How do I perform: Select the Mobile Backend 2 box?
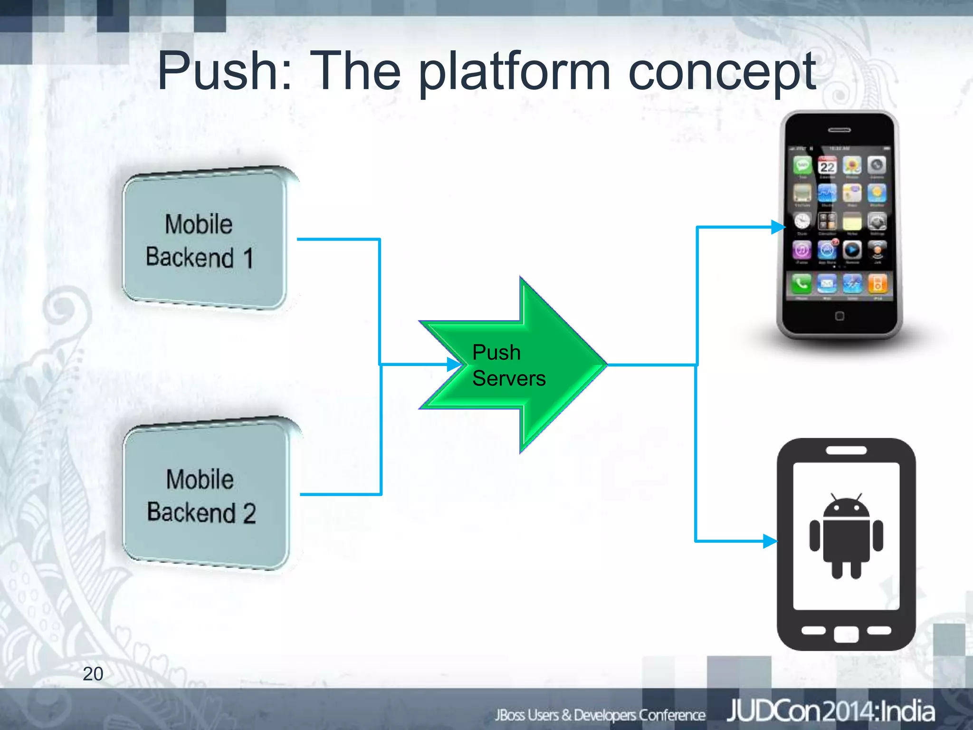pos(205,494)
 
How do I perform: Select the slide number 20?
pos(93,673)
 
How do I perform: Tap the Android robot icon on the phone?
pos(846,536)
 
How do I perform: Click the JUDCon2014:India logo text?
pos(830,711)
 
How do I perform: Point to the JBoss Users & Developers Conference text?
pos(600,715)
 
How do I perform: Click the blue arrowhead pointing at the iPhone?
pos(778,227)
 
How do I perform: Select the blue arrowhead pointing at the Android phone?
pos(770,541)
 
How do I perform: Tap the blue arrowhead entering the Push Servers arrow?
pos(454,365)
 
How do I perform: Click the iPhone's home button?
pos(839,316)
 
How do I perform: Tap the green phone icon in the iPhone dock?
pos(802,284)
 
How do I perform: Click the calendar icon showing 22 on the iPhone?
pos(827,166)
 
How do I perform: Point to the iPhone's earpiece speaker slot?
pos(839,130)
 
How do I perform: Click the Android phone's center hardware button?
pos(846,634)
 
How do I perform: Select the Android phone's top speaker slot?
pos(846,450)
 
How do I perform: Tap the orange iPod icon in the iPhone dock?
pos(877,284)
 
